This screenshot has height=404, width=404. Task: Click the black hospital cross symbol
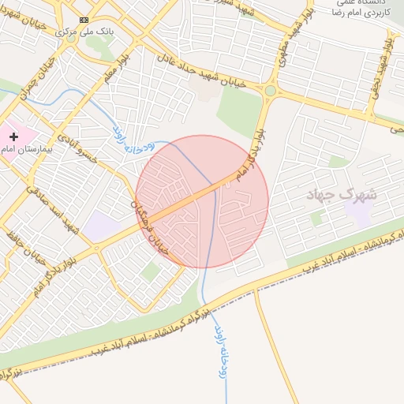pyautogui.click(x=13, y=137)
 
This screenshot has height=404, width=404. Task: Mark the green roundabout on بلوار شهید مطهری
pyautogui.click(x=271, y=92)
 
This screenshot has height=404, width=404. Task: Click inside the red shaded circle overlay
pyautogui.click(x=202, y=202)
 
